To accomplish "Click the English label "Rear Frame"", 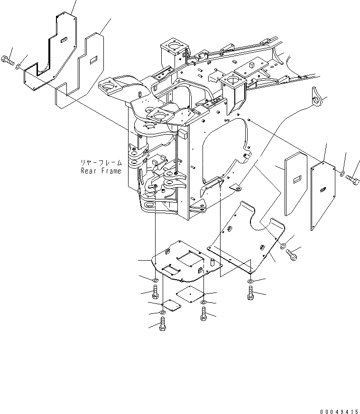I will (x=101, y=171).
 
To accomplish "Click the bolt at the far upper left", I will (x=9, y=60).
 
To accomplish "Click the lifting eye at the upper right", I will (x=318, y=99).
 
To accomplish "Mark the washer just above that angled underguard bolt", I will (x=283, y=246).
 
